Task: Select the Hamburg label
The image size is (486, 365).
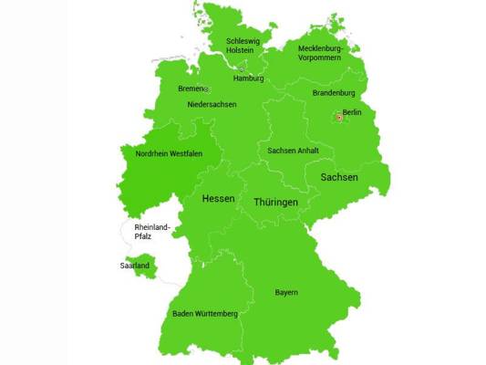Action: pyautogui.click(x=248, y=78)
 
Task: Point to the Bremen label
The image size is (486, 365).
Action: pyautogui.click(x=190, y=89)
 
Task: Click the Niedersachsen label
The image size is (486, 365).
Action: pyautogui.click(x=212, y=105)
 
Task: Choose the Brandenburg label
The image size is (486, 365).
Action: pyautogui.click(x=334, y=93)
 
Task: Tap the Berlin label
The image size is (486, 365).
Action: pyautogui.click(x=352, y=112)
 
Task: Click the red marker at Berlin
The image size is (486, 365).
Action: pyautogui.click(x=338, y=117)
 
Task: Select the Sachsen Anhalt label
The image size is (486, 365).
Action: pyautogui.click(x=294, y=151)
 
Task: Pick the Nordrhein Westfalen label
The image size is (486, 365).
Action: pyautogui.click(x=169, y=154)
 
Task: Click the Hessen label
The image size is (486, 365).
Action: pyautogui.click(x=218, y=199)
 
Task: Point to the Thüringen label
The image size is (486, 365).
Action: pyautogui.click(x=275, y=202)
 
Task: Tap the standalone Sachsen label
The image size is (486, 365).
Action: pyautogui.click(x=339, y=177)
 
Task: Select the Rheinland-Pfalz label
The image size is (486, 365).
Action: pyautogui.click(x=153, y=232)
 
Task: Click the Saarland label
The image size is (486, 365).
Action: pyautogui.click(x=134, y=266)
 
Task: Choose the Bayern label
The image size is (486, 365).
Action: pyautogui.click(x=286, y=292)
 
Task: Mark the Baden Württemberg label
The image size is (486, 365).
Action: pyautogui.click(x=205, y=314)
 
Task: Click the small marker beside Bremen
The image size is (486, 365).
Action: pyautogui.click(x=206, y=89)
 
